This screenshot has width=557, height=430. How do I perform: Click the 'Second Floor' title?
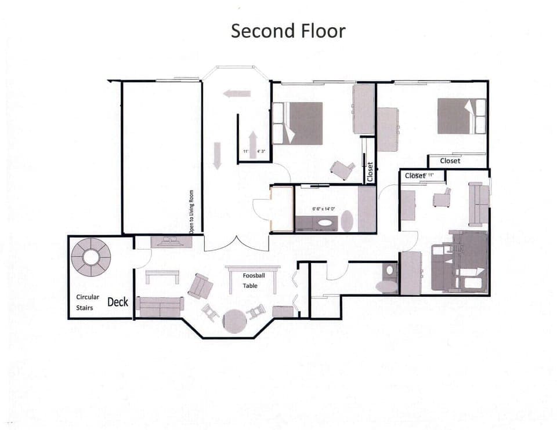pos(288,31)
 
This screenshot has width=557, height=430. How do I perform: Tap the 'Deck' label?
pos(117,301)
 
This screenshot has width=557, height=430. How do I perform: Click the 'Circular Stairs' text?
pos(88,302)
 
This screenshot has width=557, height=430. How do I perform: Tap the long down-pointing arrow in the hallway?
pos(217,155)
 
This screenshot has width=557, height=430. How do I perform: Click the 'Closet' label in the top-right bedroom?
pos(450,161)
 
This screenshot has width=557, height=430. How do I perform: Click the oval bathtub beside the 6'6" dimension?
pos(346,221)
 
